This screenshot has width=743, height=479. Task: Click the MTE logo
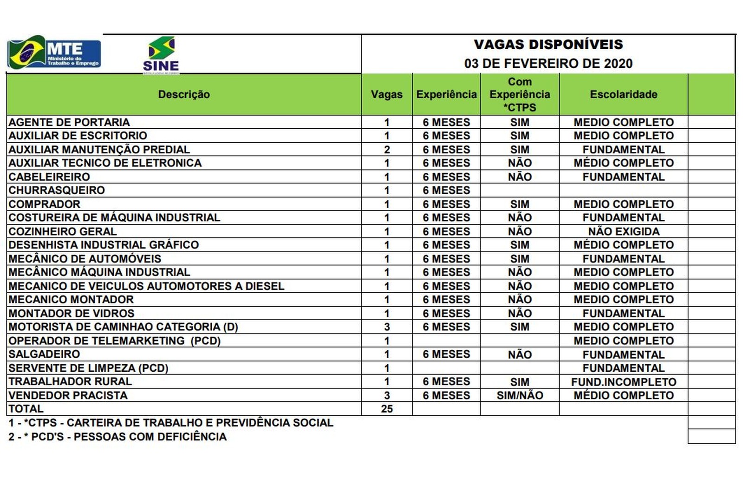click(54, 52)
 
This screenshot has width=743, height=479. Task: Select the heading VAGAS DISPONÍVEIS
click(548, 45)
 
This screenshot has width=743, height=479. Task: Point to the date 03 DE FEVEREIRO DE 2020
click(548, 63)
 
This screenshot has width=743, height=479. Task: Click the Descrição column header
click(184, 94)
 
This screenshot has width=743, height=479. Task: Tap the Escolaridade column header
click(623, 94)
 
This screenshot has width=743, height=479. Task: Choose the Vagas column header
click(386, 94)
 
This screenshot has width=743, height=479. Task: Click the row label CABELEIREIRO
click(49, 177)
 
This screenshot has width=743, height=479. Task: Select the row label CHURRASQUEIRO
click(57, 190)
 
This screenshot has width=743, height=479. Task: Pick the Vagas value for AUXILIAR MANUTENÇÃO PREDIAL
click(387, 150)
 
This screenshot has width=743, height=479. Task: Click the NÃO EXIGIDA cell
click(623, 231)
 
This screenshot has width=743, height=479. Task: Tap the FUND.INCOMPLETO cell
click(623, 382)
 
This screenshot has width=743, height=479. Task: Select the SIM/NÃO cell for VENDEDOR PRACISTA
click(520, 395)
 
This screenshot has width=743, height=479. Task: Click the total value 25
click(387, 409)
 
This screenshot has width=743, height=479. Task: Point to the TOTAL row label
click(26, 409)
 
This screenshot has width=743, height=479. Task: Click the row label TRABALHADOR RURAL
click(70, 382)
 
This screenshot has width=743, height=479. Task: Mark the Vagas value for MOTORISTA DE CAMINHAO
click(387, 327)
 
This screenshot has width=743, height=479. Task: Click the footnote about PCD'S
click(117, 437)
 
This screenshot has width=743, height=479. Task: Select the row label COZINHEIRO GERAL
click(63, 231)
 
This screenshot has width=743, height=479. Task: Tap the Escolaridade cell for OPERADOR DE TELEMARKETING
click(623, 341)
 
